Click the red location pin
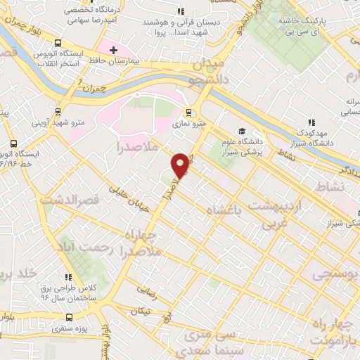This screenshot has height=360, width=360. [x=181, y=165]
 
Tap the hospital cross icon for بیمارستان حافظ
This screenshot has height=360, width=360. [x=113, y=50]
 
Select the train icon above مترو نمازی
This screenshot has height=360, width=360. [x=188, y=112]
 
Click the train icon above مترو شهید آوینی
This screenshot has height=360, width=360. [x=59, y=112]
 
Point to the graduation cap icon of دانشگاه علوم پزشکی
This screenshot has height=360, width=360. [x=240, y=131]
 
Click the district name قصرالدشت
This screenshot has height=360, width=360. [x=67, y=200]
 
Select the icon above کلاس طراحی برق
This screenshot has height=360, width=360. [x=68, y=277]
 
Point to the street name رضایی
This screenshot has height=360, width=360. [x=146, y=288]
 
